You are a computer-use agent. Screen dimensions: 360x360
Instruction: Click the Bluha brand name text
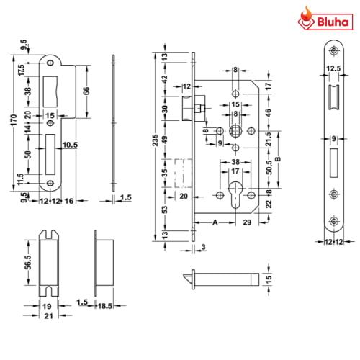pos(333,23)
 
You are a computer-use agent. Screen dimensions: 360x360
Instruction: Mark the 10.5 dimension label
pos(69,145)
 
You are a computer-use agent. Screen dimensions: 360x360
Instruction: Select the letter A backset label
pos(214,224)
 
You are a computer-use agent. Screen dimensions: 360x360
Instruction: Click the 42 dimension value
pos(164,79)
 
